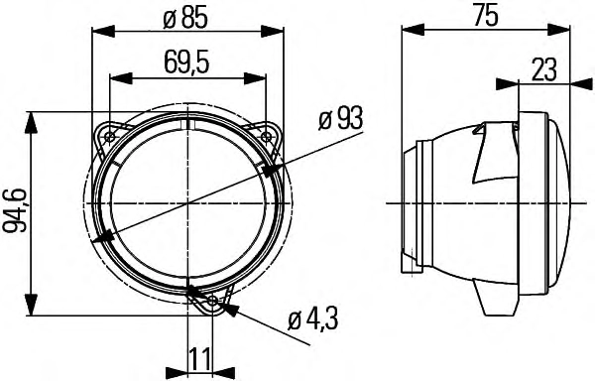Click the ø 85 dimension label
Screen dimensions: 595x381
click(185, 19)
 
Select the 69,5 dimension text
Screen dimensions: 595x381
click(186, 63)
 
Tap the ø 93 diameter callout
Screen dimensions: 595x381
click(340, 118)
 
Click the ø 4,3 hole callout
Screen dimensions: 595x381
click(313, 319)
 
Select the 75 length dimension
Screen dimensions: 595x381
click(485, 17)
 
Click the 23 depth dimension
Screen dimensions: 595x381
click(543, 70)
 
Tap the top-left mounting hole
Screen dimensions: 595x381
click(111, 136)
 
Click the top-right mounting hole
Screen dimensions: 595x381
click(266, 136)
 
